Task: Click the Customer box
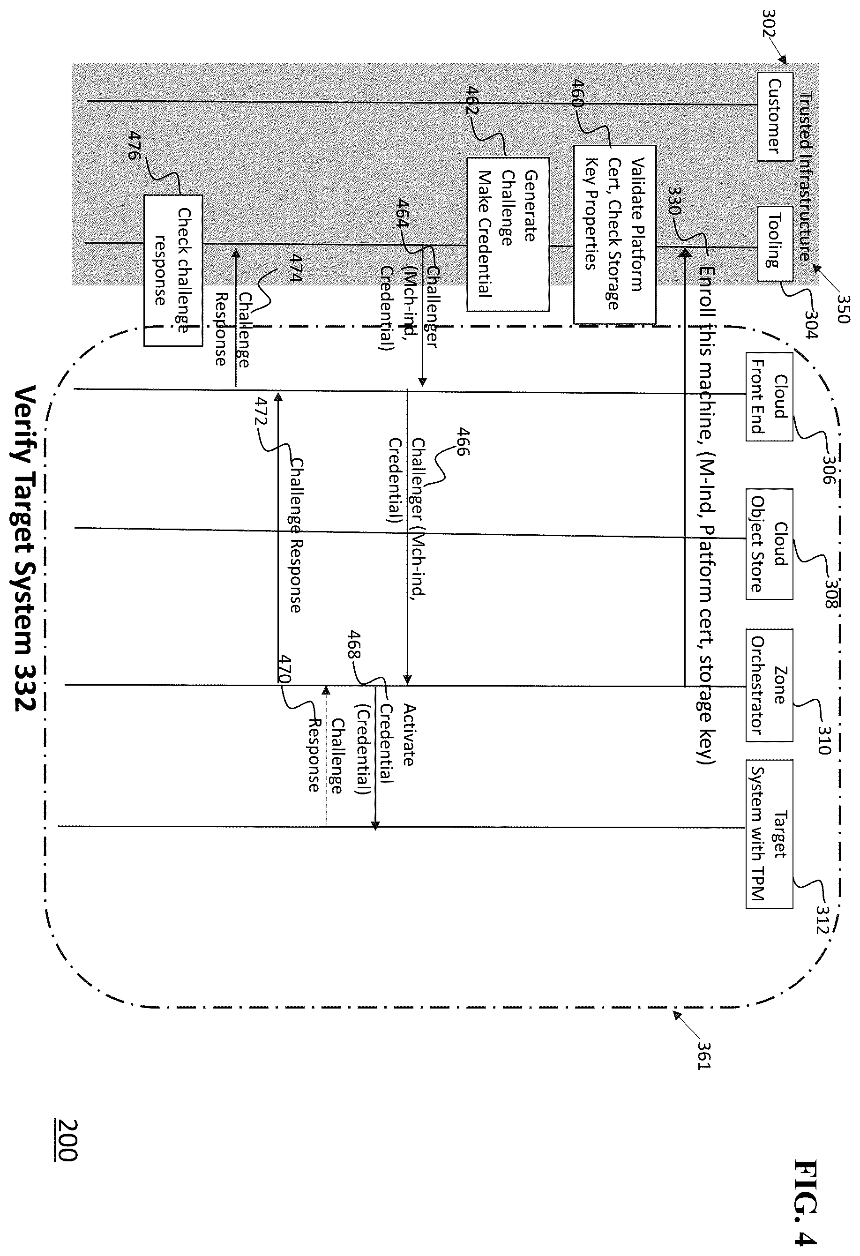click(x=775, y=117)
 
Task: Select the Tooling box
click(x=775, y=244)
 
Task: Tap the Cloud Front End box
click(x=769, y=396)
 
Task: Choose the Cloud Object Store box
click(x=769, y=544)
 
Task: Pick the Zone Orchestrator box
click(x=769, y=685)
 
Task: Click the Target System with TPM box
click(x=769, y=834)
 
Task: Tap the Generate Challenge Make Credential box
click(x=508, y=234)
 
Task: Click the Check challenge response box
click(x=173, y=270)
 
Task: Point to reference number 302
click(x=769, y=23)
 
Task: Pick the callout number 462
click(x=471, y=100)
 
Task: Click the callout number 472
click(x=262, y=412)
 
